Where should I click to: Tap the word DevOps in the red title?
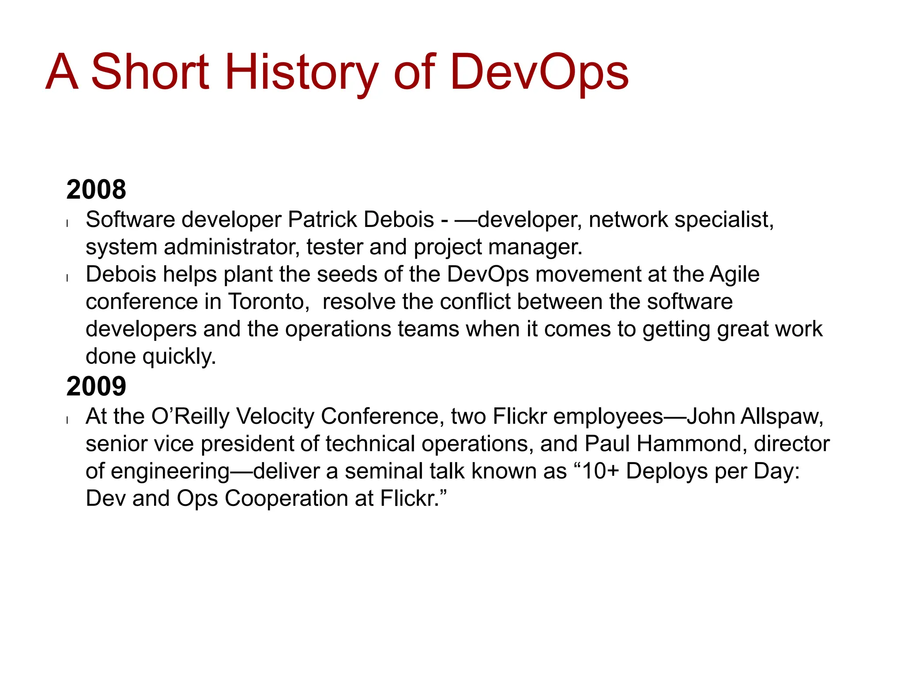point(539,72)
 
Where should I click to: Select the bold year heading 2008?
point(96,189)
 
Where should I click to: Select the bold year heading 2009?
point(96,386)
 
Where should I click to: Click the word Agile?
point(734,275)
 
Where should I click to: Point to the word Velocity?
point(275,417)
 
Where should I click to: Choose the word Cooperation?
point(286,499)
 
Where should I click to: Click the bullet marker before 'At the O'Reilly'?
point(67,420)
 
